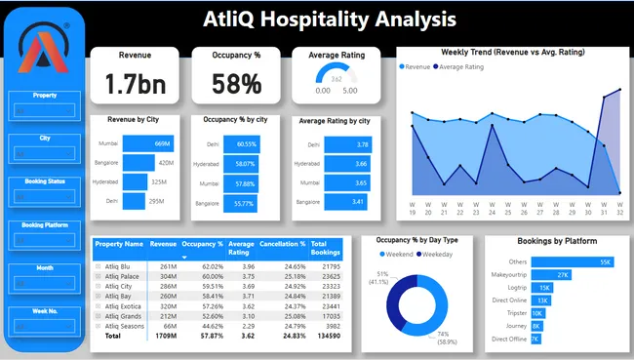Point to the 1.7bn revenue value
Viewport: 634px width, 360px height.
pos(135,84)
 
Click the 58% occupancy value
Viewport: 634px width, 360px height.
pos(237,84)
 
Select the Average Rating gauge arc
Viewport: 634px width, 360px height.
pos(336,74)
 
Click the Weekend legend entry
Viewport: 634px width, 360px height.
pos(396,254)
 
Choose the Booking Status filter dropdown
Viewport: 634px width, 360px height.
pos(46,196)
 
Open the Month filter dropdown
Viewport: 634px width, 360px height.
pos(46,283)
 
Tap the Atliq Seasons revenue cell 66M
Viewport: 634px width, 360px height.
pos(168,325)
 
